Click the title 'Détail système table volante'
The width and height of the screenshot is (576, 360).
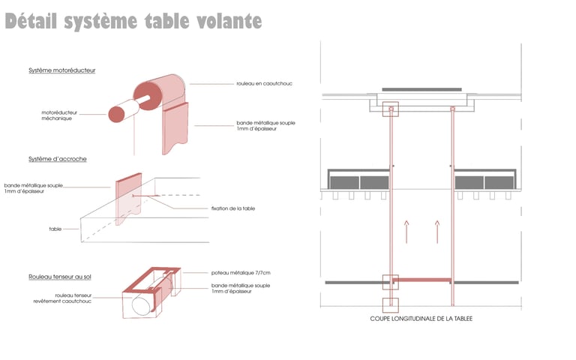click(133, 21)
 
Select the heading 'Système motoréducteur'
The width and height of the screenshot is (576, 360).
click(62, 70)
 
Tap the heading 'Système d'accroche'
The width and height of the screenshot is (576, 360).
click(58, 159)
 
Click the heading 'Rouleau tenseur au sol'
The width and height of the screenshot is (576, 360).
click(60, 277)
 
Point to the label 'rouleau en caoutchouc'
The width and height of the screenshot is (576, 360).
click(265, 83)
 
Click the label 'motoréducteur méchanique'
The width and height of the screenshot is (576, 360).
click(59, 115)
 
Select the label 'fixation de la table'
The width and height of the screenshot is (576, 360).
click(233, 208)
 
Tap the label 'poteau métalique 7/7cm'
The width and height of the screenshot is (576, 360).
click(241, 272)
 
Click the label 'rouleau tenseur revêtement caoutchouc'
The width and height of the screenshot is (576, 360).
click(62, 298)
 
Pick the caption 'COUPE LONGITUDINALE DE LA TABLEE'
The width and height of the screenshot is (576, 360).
click(421, 319)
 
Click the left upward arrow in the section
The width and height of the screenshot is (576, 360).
click(406, 232)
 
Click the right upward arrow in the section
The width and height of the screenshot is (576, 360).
click(437, 232)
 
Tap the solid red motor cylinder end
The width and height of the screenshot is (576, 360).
click(116, 114)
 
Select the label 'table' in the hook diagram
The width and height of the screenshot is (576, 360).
click(55, 229)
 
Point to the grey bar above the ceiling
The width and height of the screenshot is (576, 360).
click(421, 89)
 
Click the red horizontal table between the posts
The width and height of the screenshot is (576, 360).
click(422, 280)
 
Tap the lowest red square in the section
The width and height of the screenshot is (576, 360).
click(391, 305)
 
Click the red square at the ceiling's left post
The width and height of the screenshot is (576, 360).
click(391, 109)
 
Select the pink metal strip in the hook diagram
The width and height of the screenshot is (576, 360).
click(128, 199)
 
